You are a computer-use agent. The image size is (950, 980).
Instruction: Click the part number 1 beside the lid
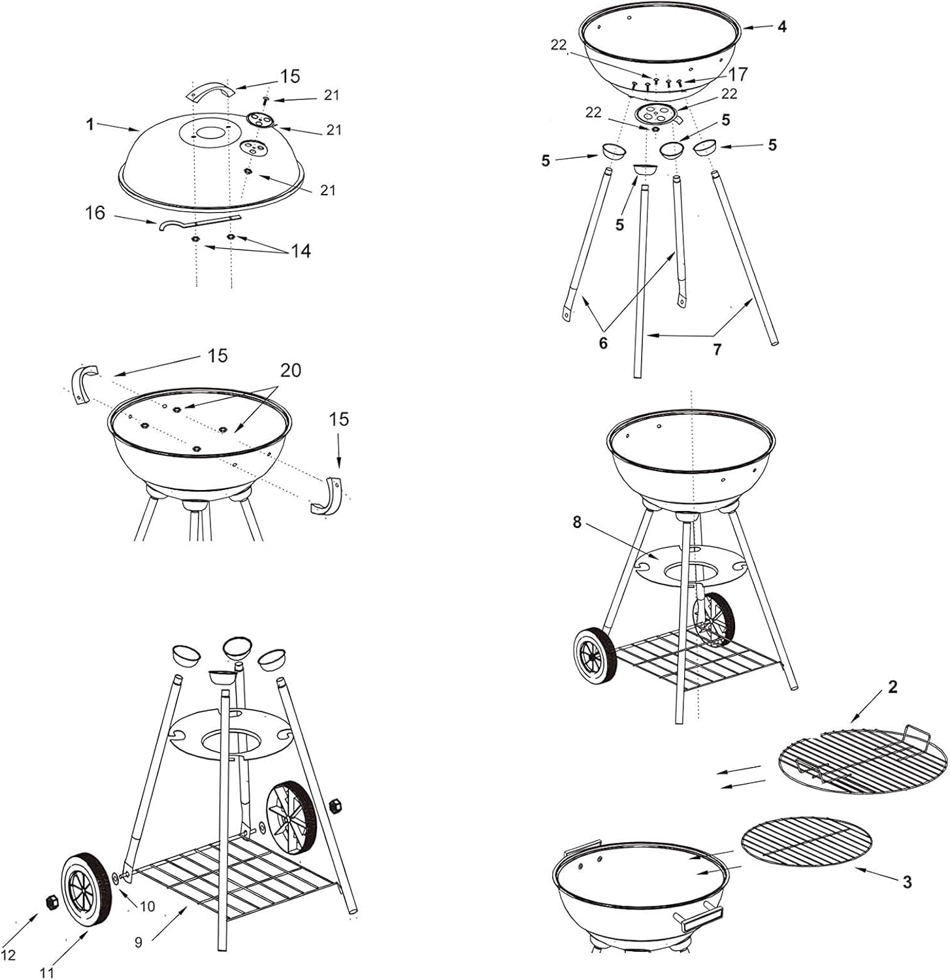(x=90, y=124)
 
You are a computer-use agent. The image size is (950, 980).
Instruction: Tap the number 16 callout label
(x=95, y=213)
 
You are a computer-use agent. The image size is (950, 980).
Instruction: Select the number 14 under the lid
(x=301, y=251)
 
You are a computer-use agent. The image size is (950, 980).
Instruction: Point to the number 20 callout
(x=291, y=370)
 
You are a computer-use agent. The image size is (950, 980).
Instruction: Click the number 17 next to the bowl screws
(x=738, y=74)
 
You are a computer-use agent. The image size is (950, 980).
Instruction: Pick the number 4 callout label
(x=782, y=27)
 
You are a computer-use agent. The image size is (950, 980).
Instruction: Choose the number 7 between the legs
(x=717, y=350)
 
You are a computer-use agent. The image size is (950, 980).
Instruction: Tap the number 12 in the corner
(x=8, y=955)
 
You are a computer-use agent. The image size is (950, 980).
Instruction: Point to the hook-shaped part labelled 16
(x=199, y=222)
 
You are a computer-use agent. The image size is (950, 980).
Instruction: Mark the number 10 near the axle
(x=148, y=906)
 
